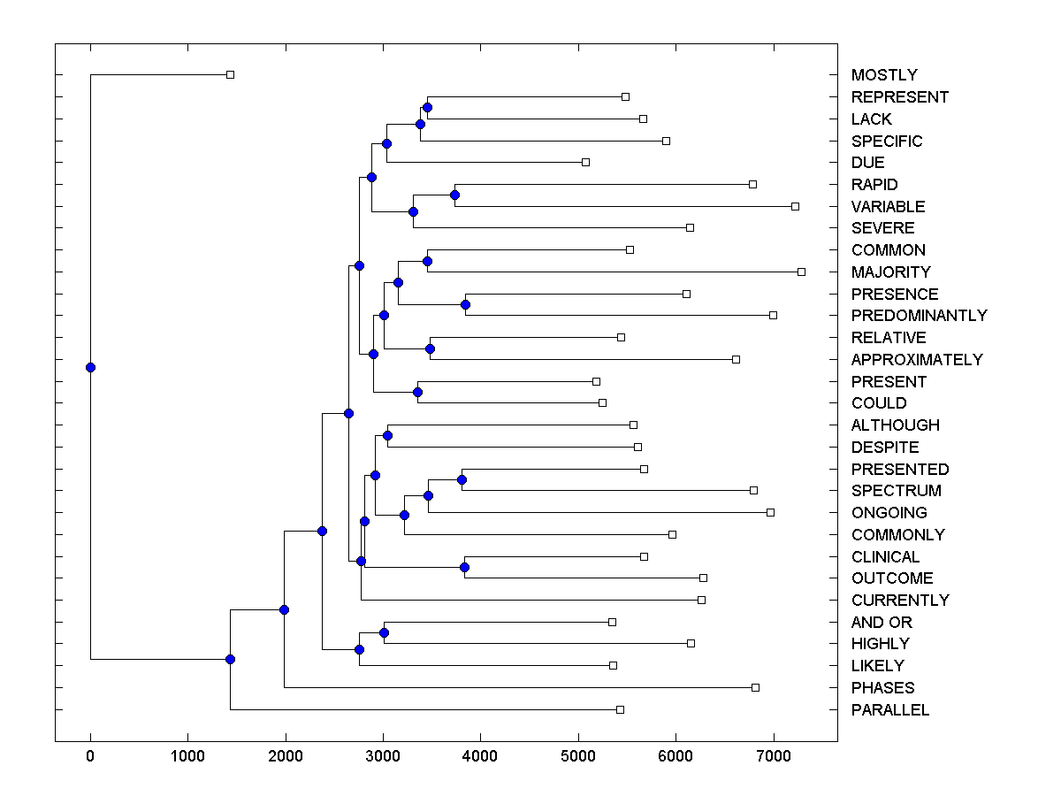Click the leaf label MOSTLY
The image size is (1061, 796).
click(884, 75)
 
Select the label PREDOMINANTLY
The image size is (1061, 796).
click(919, 316)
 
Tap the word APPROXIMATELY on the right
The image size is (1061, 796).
click(917, 360)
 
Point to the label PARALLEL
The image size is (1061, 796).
click(890, 710)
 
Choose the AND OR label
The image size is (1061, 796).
click(882, 623)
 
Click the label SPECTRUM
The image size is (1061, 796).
click(896, 491)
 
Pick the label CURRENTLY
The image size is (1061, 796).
click(900, 601)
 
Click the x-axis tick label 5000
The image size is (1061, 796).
click(578, 757)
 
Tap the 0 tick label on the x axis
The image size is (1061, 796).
click(90, 757)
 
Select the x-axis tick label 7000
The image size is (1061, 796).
click(774, 757)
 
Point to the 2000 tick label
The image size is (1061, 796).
click(286, 757)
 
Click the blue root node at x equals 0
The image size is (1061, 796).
click(90, 368)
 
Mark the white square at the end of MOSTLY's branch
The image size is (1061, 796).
click(230, 75)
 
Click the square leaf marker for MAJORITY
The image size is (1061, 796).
click(801, 272)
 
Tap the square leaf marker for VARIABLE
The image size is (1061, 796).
click(795, 206)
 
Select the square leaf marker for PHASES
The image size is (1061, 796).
click(755, 687)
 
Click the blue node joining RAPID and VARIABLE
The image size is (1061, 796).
click(454, 195)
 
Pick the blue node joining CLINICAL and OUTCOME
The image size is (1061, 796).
click(465, 567)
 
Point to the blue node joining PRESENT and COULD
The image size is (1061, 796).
click(418, 392)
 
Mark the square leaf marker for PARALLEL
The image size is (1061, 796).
click(620, 709)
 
